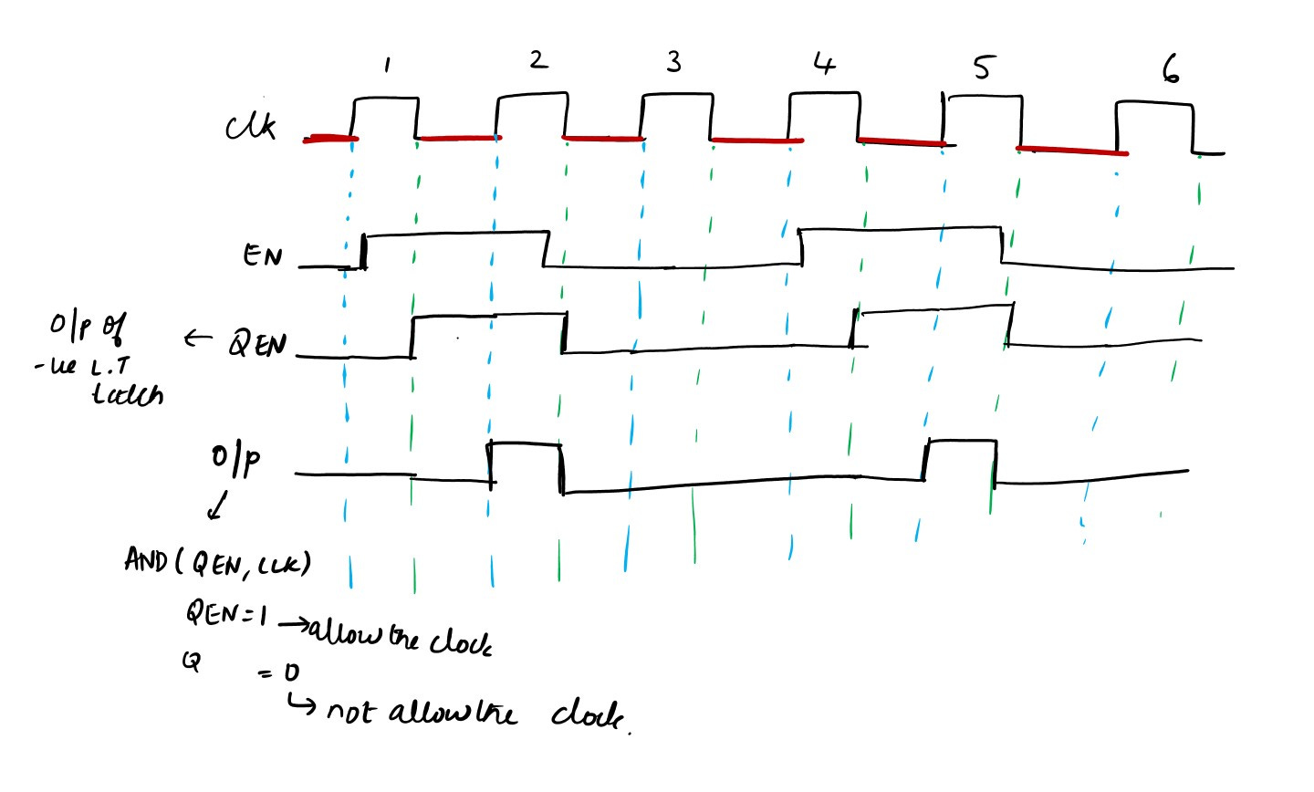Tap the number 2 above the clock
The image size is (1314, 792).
537,60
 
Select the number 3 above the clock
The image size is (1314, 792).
673,62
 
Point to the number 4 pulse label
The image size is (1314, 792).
823,63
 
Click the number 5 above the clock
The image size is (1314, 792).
981,67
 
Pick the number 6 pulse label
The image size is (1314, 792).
1170,68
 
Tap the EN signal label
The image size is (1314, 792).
262,255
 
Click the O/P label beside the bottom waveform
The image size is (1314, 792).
236,461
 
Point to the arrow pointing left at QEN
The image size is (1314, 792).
196,339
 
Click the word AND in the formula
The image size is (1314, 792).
144,560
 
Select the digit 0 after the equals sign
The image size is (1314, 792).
290,673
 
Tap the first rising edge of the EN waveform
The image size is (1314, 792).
363,251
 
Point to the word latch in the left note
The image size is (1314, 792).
128,395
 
